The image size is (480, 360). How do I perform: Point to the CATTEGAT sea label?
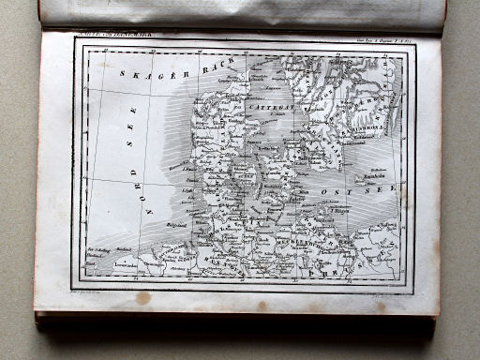pyautogui.click(x=273, y=108)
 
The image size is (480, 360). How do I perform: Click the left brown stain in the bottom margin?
pyautogui.click(x=142, y=298)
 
